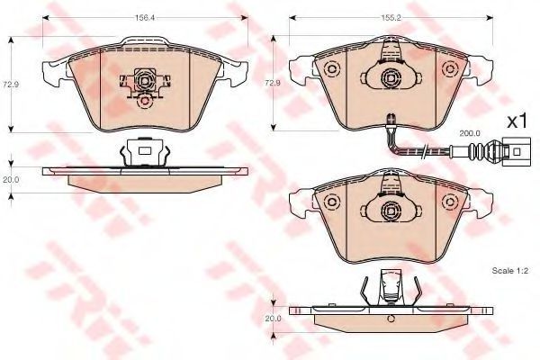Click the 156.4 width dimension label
tap(145, 18)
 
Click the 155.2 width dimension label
tap(391, 18)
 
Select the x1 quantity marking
tap(517, 121)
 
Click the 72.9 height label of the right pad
tap(273, 84)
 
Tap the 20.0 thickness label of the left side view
tap(11, 179)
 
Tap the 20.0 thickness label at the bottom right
tap(273, 319)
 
